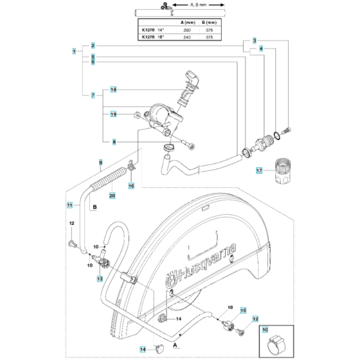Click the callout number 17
(259, 171)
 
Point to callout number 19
(113, 114)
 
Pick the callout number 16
(132, 186)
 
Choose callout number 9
(100, 161)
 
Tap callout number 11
(69, 205)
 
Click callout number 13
(100, 278)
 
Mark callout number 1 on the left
(75, 51)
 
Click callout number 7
(93, 96)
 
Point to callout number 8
(113, 141)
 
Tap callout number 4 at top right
(260, 48)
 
